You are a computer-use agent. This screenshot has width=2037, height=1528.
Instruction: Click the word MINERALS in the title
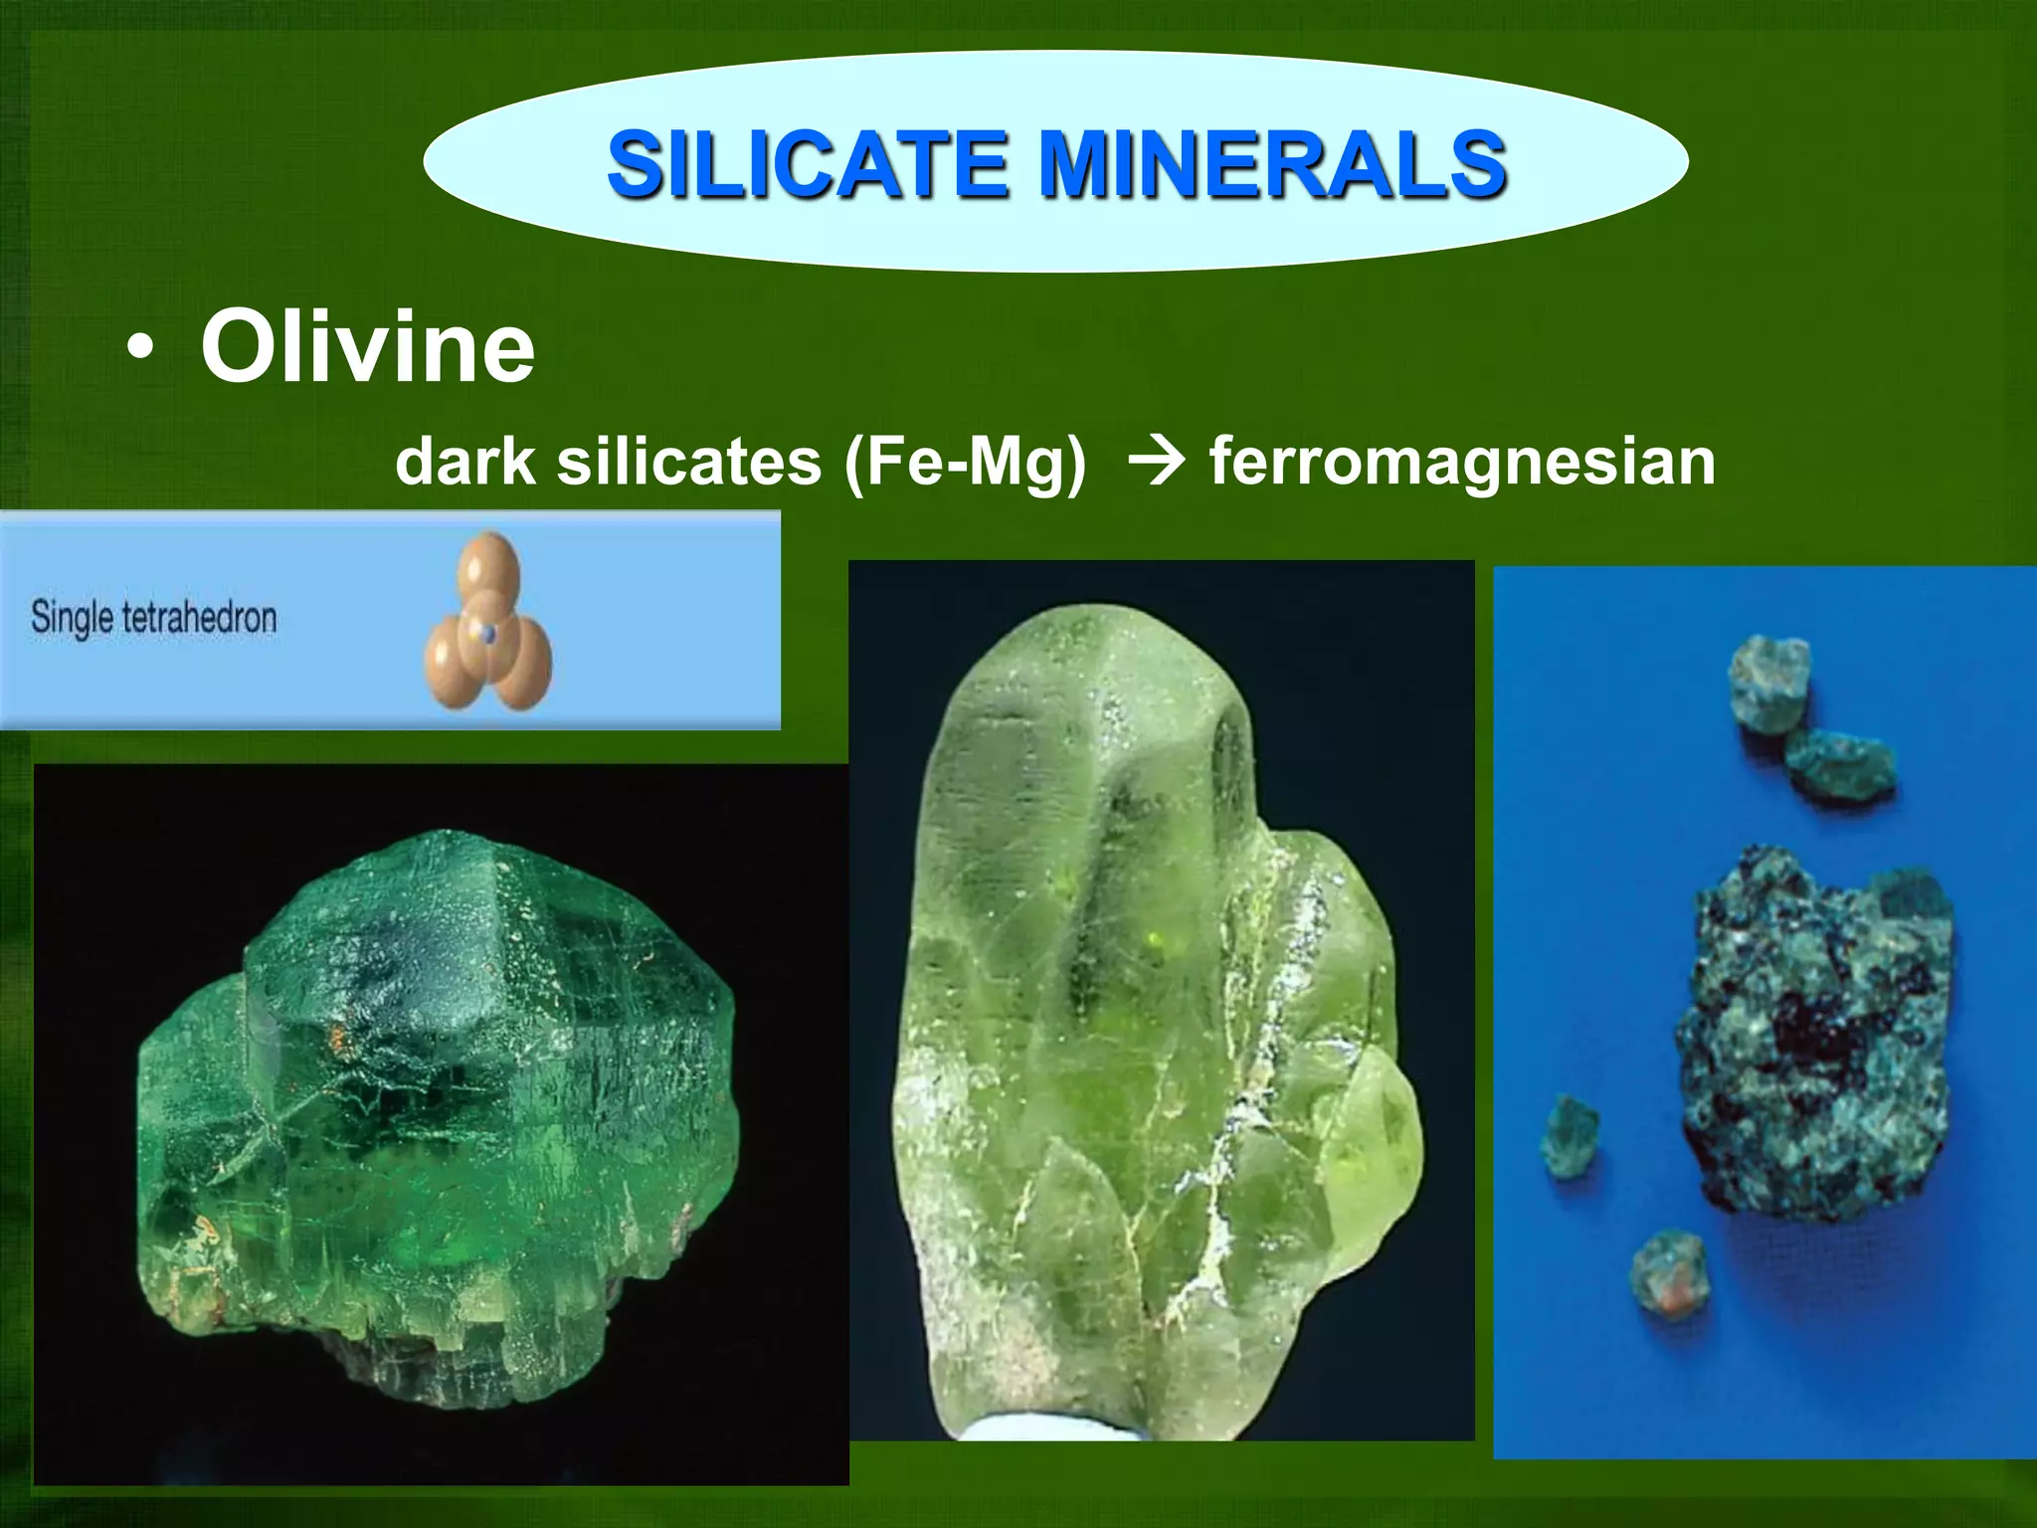tap(1272, 164)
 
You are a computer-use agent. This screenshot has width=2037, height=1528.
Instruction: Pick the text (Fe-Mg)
tap(964, 464)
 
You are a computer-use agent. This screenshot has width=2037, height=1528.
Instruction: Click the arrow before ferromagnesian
tap(1157, 462)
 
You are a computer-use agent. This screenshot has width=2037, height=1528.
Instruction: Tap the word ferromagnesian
tap(1462, 462)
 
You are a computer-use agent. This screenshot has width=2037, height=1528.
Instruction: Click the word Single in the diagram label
tap(71, 617)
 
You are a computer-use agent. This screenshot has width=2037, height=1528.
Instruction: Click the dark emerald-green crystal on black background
tap(438, 1094)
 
